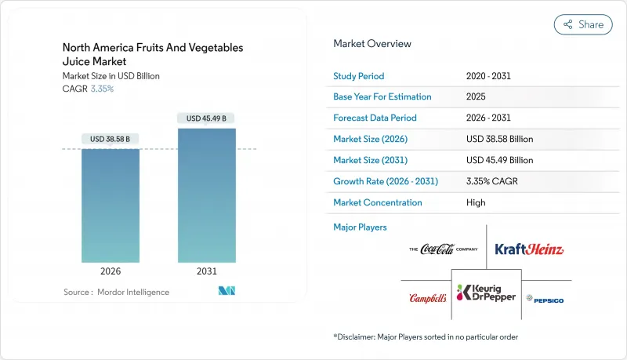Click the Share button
point(583,24)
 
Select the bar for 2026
point(111,205)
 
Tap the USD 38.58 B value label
point(111,139)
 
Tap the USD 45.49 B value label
point(207,118)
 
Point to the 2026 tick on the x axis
point(111,271)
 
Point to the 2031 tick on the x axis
point(207,271)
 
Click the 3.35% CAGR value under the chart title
point(102,89)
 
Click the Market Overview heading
point(372,44)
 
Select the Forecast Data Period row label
point(375,118)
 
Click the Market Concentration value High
point(475,202)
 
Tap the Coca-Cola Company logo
point(443,249)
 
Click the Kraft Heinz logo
point(529,249)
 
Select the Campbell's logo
point(428,299)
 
